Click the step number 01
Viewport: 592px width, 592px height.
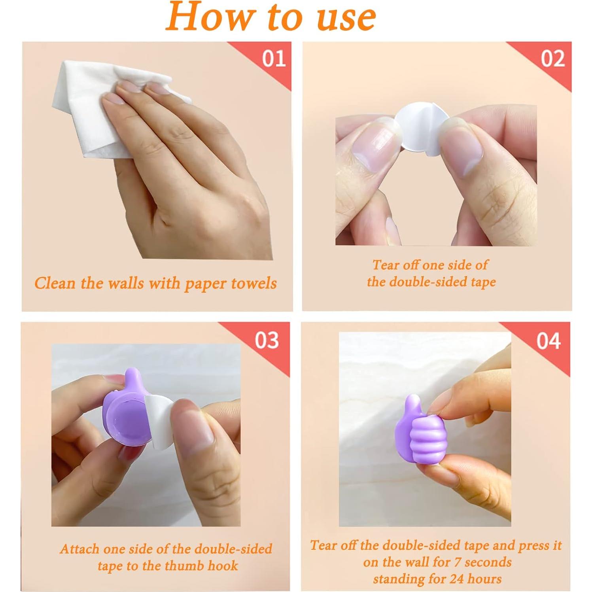(x=274, y=59)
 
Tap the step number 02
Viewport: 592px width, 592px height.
(x=553, y=59)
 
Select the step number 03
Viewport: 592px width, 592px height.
(x=267, y=340)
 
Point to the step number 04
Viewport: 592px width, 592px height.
(x=548, y=340)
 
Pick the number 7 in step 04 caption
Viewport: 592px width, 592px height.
(x=458, y=562)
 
